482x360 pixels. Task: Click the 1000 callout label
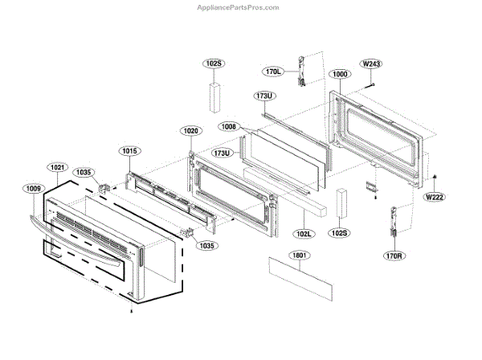click(x=339, y=74)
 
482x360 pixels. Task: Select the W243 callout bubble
click(x=371, y=63)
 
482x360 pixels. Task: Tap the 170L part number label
click(x=274, y=72)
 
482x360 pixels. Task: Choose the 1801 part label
click(x=279, y=254)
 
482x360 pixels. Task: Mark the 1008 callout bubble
click(x=228, y=126)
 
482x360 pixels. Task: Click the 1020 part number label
click(x=190, y=130)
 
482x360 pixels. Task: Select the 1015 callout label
click(x=130, y=151)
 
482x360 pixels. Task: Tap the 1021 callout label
click(x=57, y=167)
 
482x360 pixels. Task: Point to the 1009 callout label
click(x=33, y=190)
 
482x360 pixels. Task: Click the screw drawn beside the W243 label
click(x=371, y=82)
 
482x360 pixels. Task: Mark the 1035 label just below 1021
click(x=84, y=172)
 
